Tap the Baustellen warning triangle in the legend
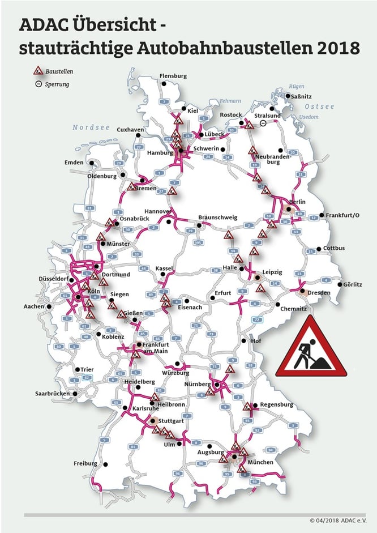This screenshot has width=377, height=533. coord(38,72)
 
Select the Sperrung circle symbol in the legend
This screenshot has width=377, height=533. coord(37,84)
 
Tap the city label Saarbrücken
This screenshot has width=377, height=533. coord(52,394)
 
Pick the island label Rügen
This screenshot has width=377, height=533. coord(297,87)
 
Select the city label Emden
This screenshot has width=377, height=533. coord(74,163)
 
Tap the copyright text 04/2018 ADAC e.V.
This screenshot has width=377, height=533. coord(340,520)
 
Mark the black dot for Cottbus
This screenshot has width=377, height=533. coord(319,249)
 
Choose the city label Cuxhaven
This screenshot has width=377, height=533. coord(130,130)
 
